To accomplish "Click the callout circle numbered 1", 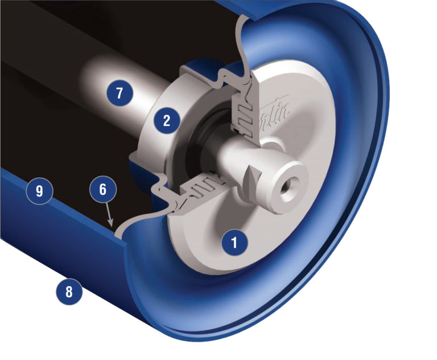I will pos(233,243).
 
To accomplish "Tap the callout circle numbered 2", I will pos(167,120).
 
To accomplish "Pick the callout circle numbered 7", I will pos(119,93).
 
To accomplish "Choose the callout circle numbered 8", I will pos(69,293).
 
